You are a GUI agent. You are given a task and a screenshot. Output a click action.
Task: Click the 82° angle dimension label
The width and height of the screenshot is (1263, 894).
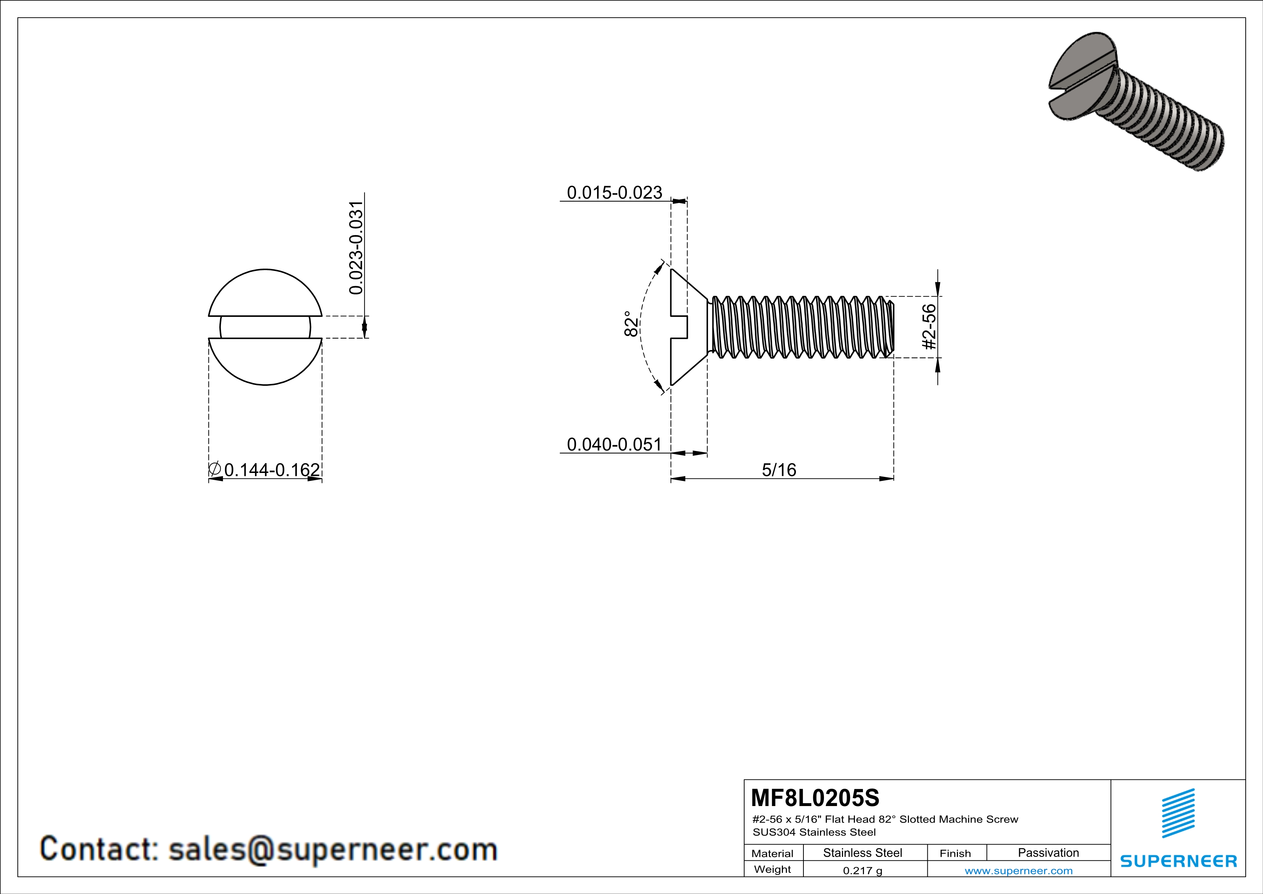pos(632,325)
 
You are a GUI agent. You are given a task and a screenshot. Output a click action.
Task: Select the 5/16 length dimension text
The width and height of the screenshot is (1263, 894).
pos(779,470)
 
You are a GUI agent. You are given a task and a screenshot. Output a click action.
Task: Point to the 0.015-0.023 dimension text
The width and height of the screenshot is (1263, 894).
pos(614,192)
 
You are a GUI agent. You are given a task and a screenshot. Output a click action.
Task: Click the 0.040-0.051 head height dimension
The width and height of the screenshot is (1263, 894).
pos(614,444)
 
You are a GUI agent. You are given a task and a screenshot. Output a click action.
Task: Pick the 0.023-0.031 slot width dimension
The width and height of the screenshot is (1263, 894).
pos(357,248)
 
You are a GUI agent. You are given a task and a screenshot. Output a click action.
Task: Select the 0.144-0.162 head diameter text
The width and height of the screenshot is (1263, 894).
pos(272,470)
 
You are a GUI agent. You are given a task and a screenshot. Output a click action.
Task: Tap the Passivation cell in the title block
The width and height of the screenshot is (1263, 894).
pos(1048,853)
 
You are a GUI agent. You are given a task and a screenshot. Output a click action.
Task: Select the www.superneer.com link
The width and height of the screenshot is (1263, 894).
pos(1018,870)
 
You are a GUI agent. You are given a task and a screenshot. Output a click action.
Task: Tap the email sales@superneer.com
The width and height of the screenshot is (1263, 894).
pos(332,849)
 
